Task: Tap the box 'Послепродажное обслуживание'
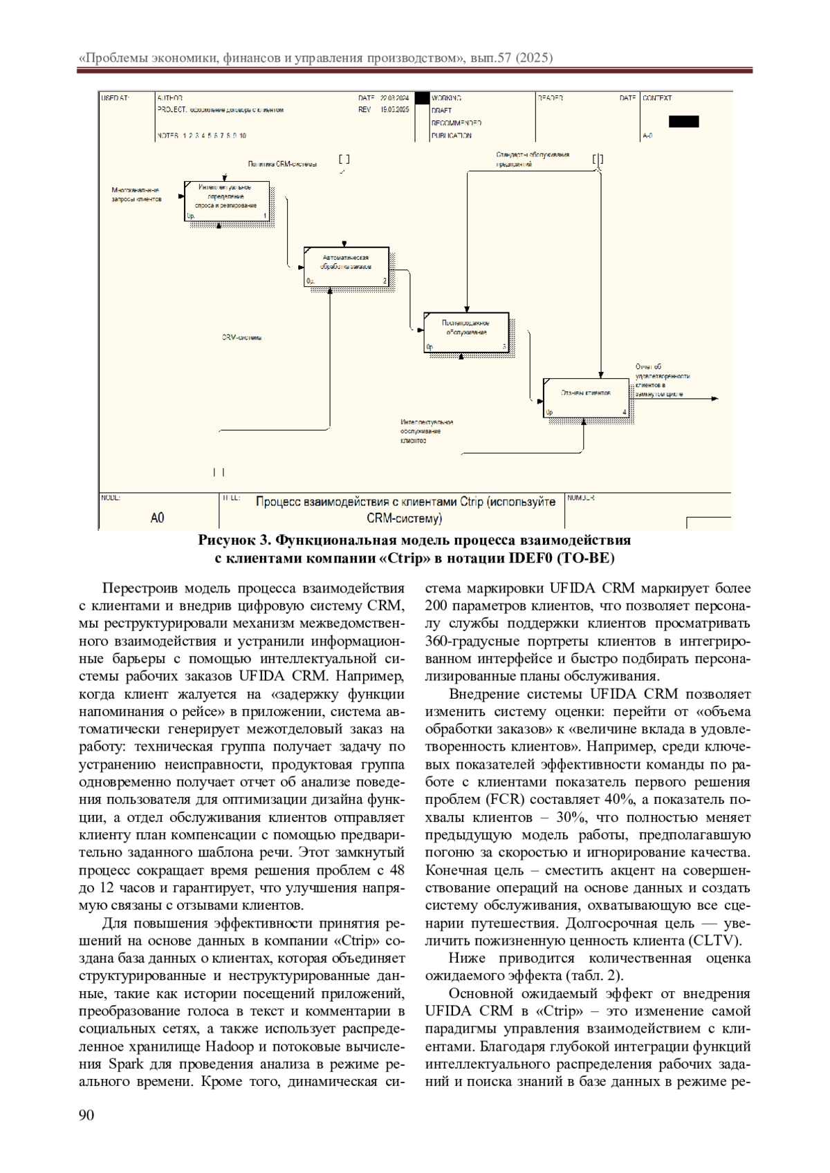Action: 466,332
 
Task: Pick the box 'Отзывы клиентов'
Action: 586,397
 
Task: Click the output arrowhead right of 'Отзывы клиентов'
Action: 715,399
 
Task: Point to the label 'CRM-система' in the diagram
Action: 241,338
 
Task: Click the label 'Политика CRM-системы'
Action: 282,165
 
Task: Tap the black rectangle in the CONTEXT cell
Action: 683,122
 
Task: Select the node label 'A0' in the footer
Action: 158,517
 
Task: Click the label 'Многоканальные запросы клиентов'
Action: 136,194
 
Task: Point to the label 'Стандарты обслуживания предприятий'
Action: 532,160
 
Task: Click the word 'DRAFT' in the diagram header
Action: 441,111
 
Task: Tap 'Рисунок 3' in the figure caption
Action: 233,540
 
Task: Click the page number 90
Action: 86,1114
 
